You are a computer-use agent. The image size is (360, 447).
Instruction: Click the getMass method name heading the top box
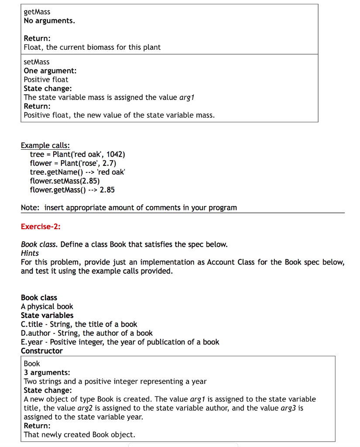(x=37, y=12)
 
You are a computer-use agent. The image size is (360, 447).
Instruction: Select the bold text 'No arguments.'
(x=49, y=21)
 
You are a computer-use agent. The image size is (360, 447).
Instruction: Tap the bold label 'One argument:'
(x=50, y=71)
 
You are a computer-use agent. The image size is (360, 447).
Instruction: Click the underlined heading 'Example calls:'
(x=45, y=145)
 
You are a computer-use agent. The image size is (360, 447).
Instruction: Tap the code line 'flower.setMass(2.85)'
(x=65, y=181)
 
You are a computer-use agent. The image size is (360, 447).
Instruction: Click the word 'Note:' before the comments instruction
(x=31, y=208)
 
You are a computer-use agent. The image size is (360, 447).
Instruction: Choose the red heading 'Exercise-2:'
(x=41, y=227)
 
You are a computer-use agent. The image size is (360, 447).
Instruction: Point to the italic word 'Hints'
(x=30, y=253)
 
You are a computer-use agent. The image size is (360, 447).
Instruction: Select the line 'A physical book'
(x=47, y=306)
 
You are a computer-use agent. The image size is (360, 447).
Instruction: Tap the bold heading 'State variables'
(x=47, y=315)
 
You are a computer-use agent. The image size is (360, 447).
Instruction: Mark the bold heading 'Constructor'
(x=41, y=351)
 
